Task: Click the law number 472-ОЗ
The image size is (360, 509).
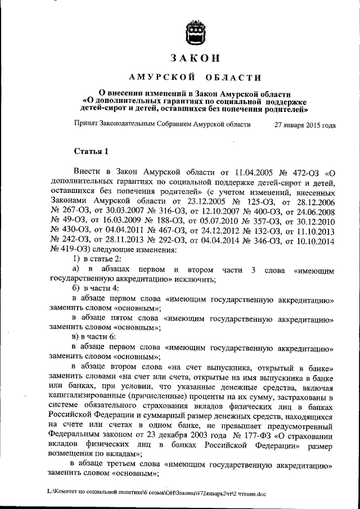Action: click(x=304, y=173)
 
